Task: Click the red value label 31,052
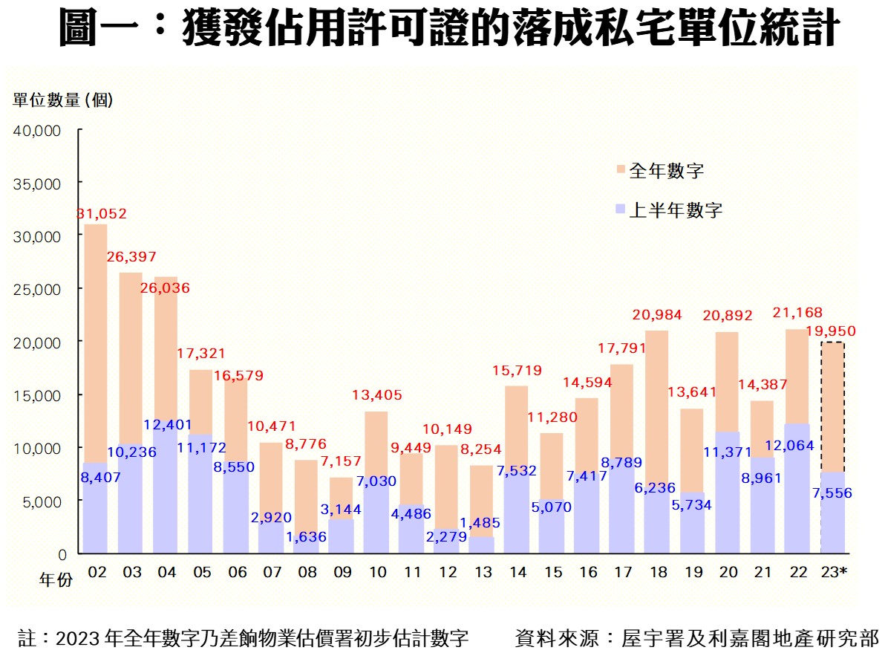[x=102, y=214]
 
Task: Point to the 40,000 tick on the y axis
[x=37, y=130]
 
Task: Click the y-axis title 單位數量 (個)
[x=64, y=100]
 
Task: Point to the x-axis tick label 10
[x=377, y=573]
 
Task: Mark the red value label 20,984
[x=656, y=314]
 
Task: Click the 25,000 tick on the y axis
[x=37, y=288]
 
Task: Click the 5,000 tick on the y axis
[x=42, y=501]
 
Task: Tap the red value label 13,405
[x=376, y=394]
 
